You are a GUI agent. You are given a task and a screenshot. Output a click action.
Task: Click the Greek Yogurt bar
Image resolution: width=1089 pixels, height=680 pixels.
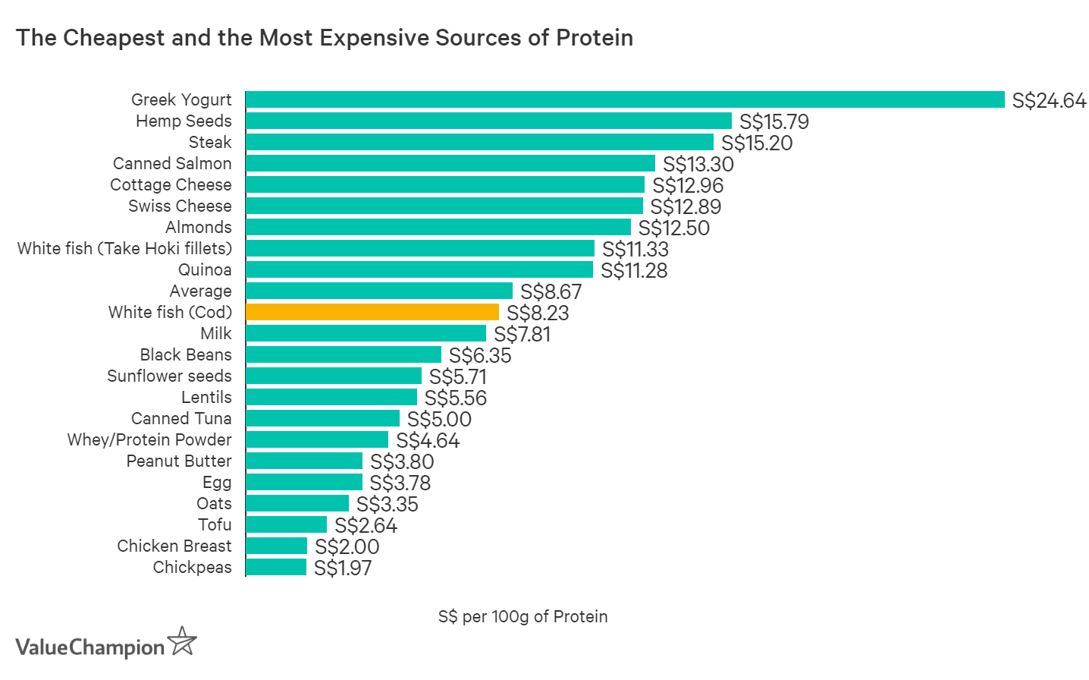pos(624,99)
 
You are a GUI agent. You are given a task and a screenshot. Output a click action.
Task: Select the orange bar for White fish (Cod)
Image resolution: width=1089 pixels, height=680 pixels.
pos(372,312)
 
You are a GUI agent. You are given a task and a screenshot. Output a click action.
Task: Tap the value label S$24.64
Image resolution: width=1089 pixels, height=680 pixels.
pos(1049,100)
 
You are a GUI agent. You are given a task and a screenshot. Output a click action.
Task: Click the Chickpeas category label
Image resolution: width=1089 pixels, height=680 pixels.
pos(192,567)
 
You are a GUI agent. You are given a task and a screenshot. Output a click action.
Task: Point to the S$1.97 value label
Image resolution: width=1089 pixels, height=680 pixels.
pos(343,568)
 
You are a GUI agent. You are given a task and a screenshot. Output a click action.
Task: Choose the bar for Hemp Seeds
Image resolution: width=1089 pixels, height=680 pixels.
pos(488,121)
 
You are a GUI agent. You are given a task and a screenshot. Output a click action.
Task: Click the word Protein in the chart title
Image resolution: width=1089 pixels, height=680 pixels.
pos(595,37)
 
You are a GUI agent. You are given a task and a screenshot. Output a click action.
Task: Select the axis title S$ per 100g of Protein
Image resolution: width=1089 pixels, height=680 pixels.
pos(523,616)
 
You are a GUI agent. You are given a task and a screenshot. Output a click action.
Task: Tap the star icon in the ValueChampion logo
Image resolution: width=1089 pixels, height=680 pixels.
pos(182,641)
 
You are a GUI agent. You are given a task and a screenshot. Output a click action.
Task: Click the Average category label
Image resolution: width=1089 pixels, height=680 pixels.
pos(200,291)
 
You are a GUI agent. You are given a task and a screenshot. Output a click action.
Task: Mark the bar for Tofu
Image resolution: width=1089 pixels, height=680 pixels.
pos(286,524)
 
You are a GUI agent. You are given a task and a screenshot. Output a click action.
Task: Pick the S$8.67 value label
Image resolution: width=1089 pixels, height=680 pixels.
pos(551,291)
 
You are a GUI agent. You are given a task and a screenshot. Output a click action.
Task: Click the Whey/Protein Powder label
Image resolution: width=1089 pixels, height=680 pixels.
pos(149,439)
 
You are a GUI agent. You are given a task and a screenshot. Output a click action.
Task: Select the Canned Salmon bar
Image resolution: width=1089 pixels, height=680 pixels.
pos(450,163)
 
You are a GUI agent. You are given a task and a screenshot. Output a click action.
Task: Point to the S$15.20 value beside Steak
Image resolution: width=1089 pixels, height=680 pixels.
pos(756,143)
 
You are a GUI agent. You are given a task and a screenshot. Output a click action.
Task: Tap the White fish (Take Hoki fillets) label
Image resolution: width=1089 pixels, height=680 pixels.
pos(124,248)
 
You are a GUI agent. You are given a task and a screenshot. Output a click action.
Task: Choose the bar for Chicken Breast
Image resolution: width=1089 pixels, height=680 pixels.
pos(276,546)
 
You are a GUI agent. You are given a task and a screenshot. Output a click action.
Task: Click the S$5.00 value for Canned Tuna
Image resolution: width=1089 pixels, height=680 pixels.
pos(439,419)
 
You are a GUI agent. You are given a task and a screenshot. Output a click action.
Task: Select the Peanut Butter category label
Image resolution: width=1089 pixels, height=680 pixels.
pos(179,461)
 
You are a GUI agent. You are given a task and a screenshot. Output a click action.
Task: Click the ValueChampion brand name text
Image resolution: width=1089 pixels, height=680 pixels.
pos(89,647)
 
